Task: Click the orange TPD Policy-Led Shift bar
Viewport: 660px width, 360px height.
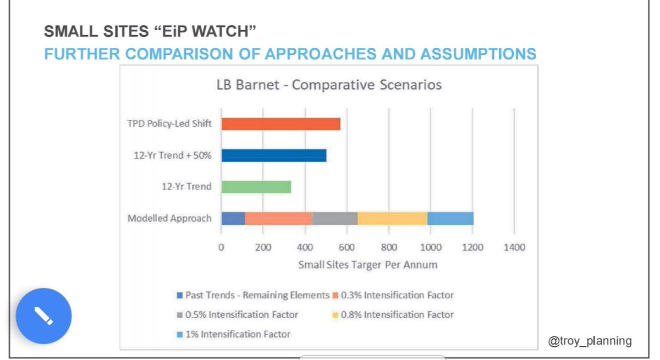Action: pyautogui.click(x=280, y=124)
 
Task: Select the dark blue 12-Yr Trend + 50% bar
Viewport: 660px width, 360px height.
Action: pyautogui.click(x=274, y=155)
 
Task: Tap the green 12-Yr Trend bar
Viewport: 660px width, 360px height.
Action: pyautogui.click(x=256, y=187)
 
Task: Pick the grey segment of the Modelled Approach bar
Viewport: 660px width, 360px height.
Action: pyautogui.click(x=335, y=218)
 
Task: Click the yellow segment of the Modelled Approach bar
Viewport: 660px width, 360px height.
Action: pyautogui.click(x=392, y=218)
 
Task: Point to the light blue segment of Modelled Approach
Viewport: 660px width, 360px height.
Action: pyautogui.click(x=450, y=218)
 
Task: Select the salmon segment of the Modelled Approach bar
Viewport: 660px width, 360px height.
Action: pyautogui.click(x=278, y=218)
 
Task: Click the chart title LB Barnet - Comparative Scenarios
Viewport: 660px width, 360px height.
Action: pyautogui.click(x=329, y=85)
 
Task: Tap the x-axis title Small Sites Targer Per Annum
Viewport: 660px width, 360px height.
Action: pyautogui.click(x=368, y=265)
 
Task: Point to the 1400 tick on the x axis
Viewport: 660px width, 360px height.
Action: pyautogui.click(x=514, y=247)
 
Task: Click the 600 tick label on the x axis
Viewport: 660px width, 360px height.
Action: pyautogui.click(x=347, y=247)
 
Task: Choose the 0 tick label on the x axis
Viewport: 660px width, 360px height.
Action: pyautogui.click(x=221, y=247)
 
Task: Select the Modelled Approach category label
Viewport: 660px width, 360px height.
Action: pyautogui.click(x=169, y=218)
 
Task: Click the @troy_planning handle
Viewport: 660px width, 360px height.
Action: pyautogui.click(x=590, y=341)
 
